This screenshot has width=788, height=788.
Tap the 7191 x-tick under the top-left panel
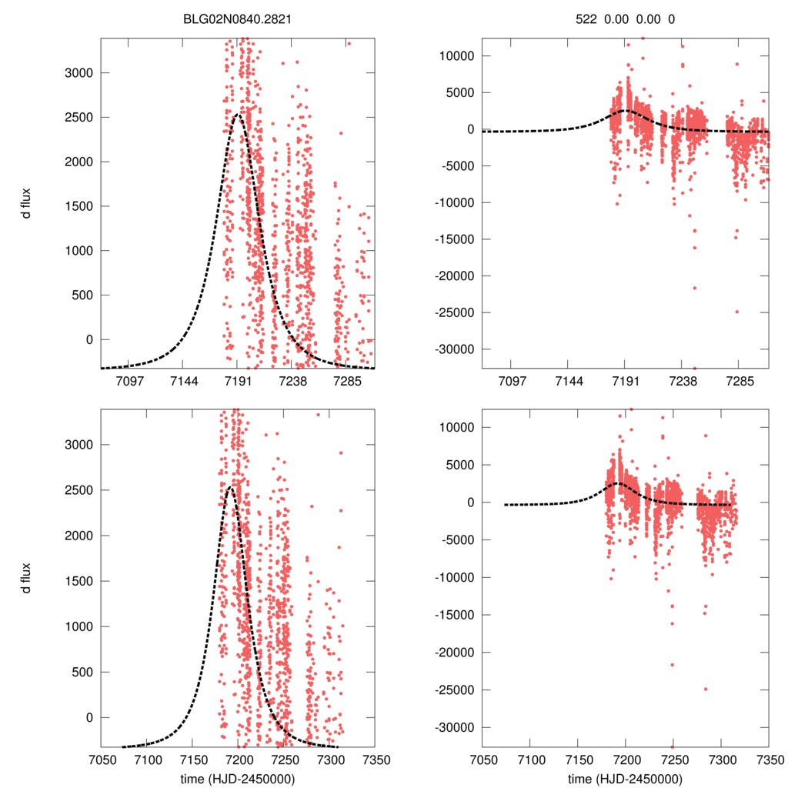(x=238, y=381)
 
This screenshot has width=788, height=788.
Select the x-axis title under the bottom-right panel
(x=626, y=778)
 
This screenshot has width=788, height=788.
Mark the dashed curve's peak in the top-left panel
(x=238, y=115)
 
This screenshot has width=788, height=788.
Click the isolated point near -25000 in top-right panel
(x=736, y=312)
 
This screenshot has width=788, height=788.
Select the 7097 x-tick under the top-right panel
(x=512, y=381)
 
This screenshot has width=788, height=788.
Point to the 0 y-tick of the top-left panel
(x=87, y=339)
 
